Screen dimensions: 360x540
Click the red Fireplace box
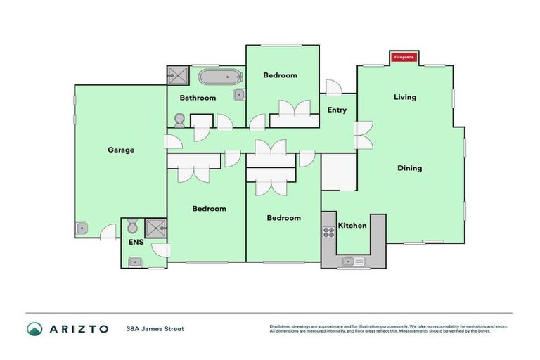click(404, 56)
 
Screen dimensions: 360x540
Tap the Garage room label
click(121, 150)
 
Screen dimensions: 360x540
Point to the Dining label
click(409, 168)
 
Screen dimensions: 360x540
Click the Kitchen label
click(352, 226)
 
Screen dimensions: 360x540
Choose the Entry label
click(337, 110)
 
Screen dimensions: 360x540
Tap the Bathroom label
click(197, 98)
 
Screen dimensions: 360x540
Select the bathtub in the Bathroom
click(219, 76)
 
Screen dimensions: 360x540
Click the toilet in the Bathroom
click(179, 120)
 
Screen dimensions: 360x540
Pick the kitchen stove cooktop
click(328, 233)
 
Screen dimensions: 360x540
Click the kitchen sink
click(352, 262)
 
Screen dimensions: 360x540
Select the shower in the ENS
click(155, 227)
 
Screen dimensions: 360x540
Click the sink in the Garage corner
click(82, 228)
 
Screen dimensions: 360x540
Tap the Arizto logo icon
click(34, 328)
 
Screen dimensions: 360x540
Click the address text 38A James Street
click(155, 328)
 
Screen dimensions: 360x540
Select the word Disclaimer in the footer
click(281, 326)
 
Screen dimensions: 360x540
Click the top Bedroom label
click(280, 75)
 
